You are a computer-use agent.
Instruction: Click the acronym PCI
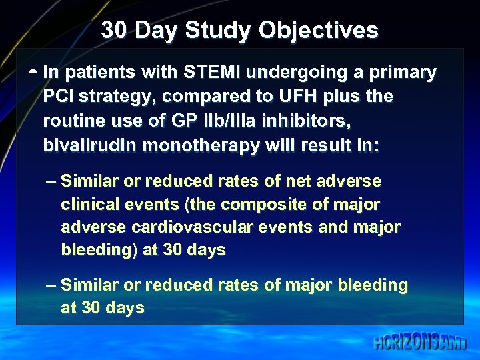(x=58, y=97)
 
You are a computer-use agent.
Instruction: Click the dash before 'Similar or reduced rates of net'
(x=52, y=181)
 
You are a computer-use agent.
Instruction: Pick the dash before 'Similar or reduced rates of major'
(x=52, y=285)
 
